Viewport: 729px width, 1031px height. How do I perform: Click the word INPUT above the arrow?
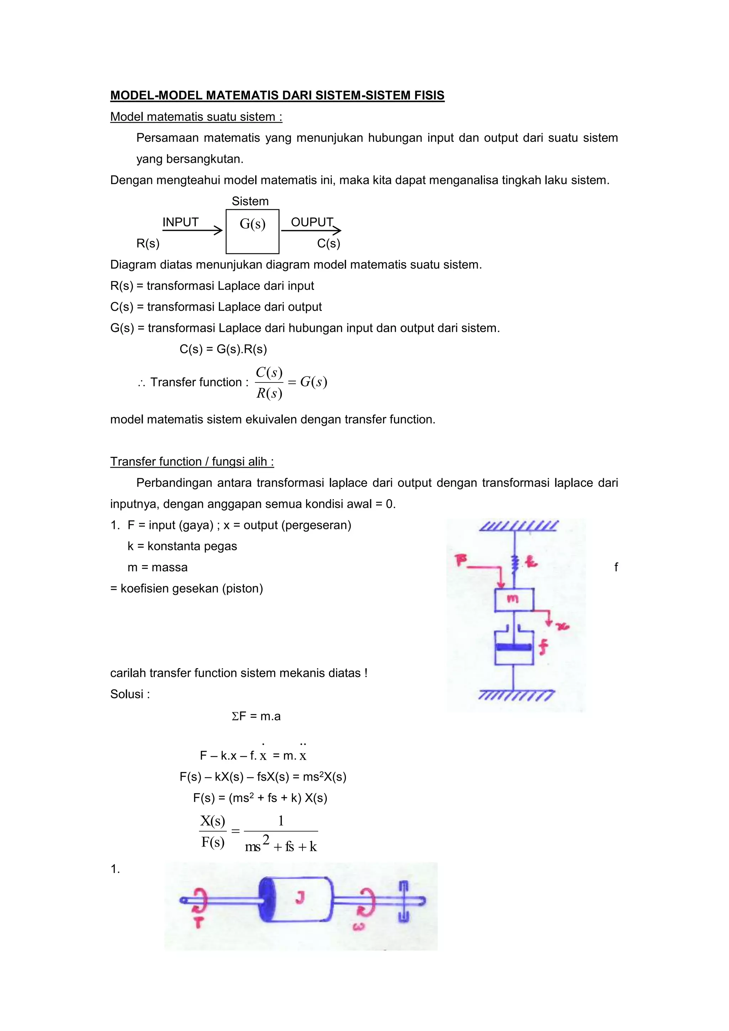[180, 222]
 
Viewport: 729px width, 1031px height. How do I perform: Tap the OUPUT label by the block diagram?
[312, 222]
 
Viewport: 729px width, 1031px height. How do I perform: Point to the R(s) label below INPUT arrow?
[148, 243]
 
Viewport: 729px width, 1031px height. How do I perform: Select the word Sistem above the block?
[250, 201]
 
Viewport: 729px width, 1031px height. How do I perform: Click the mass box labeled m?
[514, 599]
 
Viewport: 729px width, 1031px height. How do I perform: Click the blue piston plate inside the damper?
[514, 647]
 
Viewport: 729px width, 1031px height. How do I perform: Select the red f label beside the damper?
[544, 647]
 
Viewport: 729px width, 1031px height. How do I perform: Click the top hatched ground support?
[519, 525]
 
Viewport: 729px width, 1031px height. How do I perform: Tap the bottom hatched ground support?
[516, 696]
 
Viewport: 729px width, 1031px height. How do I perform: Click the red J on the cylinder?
[300, 897]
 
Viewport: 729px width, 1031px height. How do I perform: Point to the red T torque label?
[198, 922]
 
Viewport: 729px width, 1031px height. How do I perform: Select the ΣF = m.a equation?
[256, 716]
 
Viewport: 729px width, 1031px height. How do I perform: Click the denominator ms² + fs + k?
[281, 847]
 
